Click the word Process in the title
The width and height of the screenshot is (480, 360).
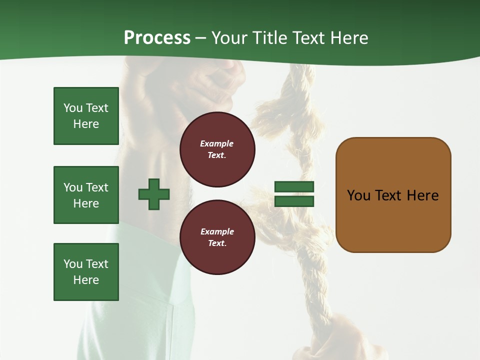[x=157, y=38]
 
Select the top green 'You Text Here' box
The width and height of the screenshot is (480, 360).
[x=86, y=116]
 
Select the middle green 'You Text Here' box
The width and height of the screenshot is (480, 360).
[x=86, y=195]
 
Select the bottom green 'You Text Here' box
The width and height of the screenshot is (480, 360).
[x=86, y=272]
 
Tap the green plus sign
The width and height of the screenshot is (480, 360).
[x=154, y=194]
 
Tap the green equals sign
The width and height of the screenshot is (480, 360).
[x=294, y=194]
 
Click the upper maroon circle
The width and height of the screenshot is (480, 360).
[x=217, y=149]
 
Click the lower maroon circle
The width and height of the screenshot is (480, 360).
[x=217, y=237]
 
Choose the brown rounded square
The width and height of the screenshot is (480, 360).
[x=393, y=195]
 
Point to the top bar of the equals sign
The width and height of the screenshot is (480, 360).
[x=294, y=186]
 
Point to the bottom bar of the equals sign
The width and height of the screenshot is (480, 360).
[x=294, y=201]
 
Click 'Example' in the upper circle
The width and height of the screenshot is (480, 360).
[x=217, y=143]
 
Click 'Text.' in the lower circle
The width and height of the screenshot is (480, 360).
[x=217, y=243]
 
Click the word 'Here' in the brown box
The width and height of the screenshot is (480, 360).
[x=422, y=195]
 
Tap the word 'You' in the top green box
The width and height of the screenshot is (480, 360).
[x=72, y=108]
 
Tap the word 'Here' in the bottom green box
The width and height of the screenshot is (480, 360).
[x=86, y=280]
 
